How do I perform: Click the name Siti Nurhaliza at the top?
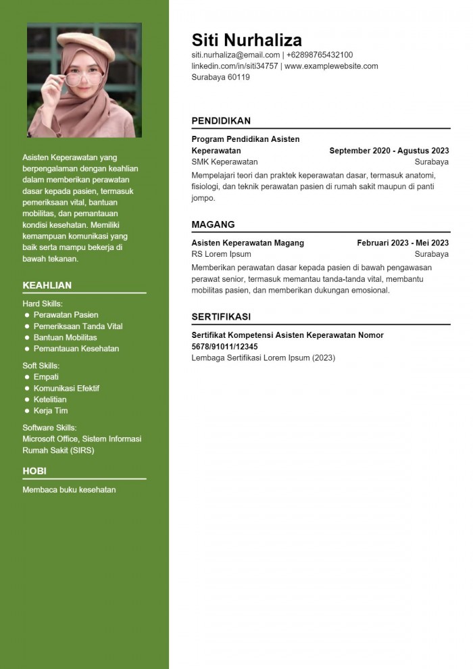pyautogui.click(x=247, y=39)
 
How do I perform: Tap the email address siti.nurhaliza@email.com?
pyautogui.click(x=235, y=55)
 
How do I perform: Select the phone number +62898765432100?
pyautogui.click(x=320, y=55)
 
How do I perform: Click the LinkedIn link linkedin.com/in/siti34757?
pyautogui.click(x=234, y=66)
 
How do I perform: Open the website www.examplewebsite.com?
pyautogui.click(x=331, y=66)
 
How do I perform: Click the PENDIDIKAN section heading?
pyautogui.click(x=221, y=121)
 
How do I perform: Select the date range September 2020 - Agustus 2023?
pyautogui.click(x=389, y=151)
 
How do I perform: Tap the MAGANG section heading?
pyautogui.click(x=213, y=224)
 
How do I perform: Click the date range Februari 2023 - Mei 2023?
pyautogui.click(x=403, y=243)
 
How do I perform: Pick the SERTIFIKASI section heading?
pyautogui.click(x=221, y=316)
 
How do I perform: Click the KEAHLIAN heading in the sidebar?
pyautogui.click(x=47, y=285)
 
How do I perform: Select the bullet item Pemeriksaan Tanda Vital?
pyautogui.click(x=78, y=326)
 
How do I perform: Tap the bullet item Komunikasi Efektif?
pyautogui.click(x=66, y=389)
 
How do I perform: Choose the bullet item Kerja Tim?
pyautogui.click(x=51, y=411)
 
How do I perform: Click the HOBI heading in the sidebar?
pyautogui.click(x=34, y=471)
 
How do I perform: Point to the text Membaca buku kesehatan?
pyautogui.click(x=69, y=489)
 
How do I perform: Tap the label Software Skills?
pyautogui.click(x=49, y=428)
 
